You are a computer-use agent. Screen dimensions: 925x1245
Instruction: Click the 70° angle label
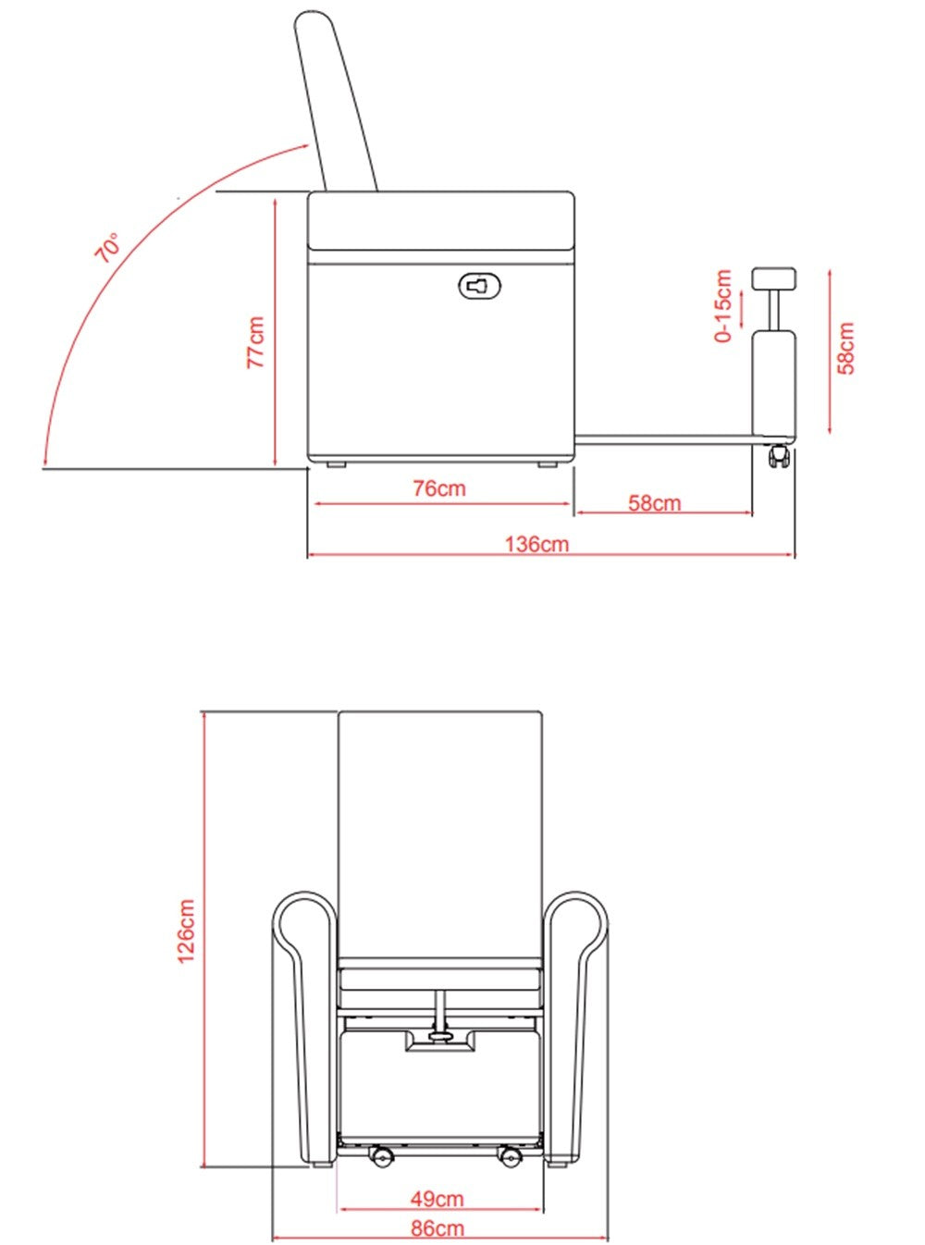click(x=107, y=248)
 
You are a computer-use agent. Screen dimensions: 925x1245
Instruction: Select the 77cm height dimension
click(x=256, y=342)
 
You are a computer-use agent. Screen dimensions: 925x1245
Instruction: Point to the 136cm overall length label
click(x=536, y=544)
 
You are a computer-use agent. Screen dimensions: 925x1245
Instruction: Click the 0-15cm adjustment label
click(x=724, y=306)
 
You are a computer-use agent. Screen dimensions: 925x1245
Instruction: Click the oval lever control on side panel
click(x=480, y=286)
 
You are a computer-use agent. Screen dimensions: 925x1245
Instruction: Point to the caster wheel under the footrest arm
click(x=779, y=455)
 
